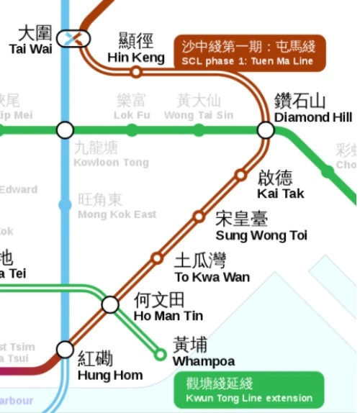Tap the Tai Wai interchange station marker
click(x=75, y=36)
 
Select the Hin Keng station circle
click(x=135, y=72)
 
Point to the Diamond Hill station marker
click(x=266, y=130)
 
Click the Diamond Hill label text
click(x=312, y=109)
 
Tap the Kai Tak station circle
click(x=240, y=174)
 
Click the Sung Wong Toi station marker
click(x=198, y=217)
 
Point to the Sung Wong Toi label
click(x=261, y=227)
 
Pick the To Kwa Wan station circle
click(x=156, y=258)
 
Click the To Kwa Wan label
click(x=212, y=269)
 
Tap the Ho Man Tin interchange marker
click(x=110, y=304)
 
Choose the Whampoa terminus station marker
click(x=160, y=353)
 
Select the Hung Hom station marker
click(x=66, y=350)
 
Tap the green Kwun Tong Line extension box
click(x=249, y=391)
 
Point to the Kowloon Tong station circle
click(x=66, y=130)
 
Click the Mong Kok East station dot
click(x=66, y=206)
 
